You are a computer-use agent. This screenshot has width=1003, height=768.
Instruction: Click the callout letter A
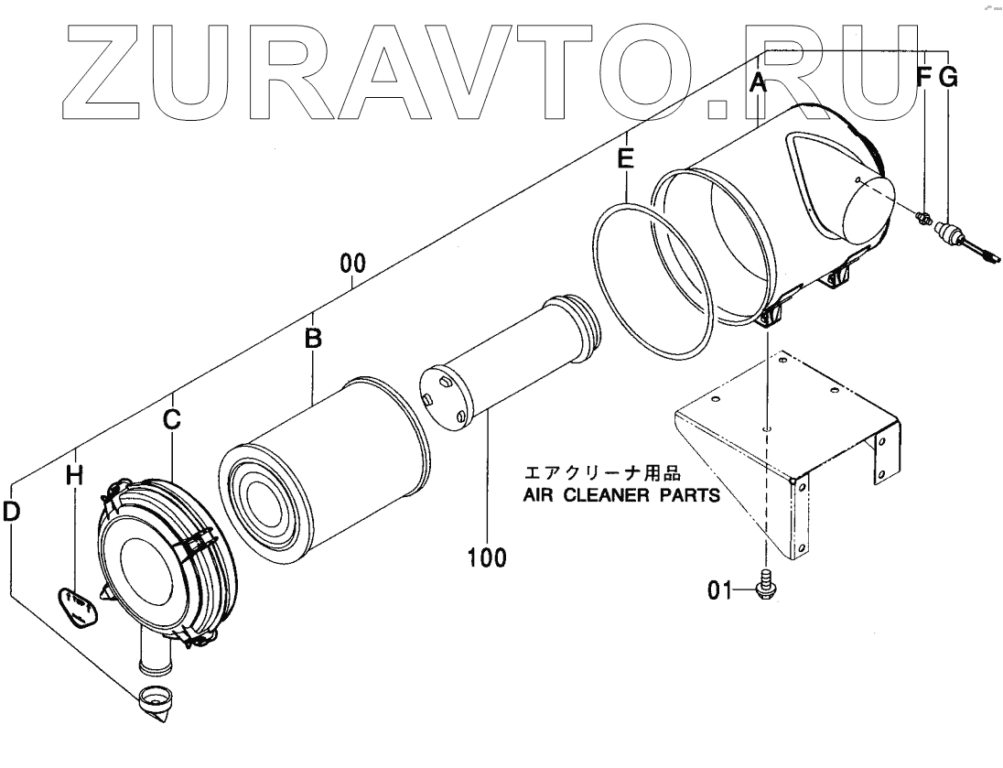click(x=757, y=82)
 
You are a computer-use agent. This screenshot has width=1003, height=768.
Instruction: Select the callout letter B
click(x=313, y=339)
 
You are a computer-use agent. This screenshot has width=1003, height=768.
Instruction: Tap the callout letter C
click(x=172, y=420)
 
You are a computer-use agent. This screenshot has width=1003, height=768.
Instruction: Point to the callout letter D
click(x=11, y=513)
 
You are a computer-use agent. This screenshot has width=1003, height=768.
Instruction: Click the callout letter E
click(x=625, y=159)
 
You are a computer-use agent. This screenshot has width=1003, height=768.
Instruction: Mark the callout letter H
click(x=75, y=475)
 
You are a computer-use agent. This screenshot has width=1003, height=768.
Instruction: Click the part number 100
click(x=487, y=557)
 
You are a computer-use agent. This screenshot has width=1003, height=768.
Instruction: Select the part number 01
click(x=718, y=591)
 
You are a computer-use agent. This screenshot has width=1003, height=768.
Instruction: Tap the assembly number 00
click(x=353, y=265)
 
